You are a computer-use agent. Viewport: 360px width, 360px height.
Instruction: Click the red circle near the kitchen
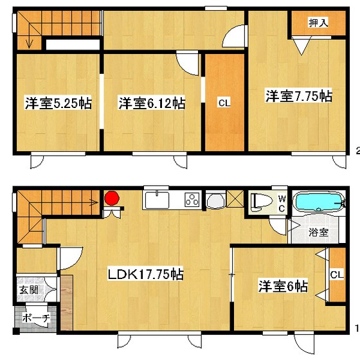113,198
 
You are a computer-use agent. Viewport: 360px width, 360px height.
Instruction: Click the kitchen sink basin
157,201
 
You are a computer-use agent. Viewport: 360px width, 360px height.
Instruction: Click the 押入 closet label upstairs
318,23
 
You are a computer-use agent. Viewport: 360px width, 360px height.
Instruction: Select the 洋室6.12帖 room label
152,103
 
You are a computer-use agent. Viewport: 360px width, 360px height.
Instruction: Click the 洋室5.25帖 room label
58,103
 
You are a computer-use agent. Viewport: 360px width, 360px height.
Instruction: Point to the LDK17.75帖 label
145,274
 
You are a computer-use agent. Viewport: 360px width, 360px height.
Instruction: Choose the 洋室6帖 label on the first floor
283,284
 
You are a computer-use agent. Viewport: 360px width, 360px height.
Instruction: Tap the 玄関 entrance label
28,290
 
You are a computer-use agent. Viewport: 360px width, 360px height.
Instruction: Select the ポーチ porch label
32,319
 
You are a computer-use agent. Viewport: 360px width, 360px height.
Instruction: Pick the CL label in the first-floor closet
336,275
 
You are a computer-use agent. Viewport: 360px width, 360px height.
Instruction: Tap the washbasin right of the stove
215,201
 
